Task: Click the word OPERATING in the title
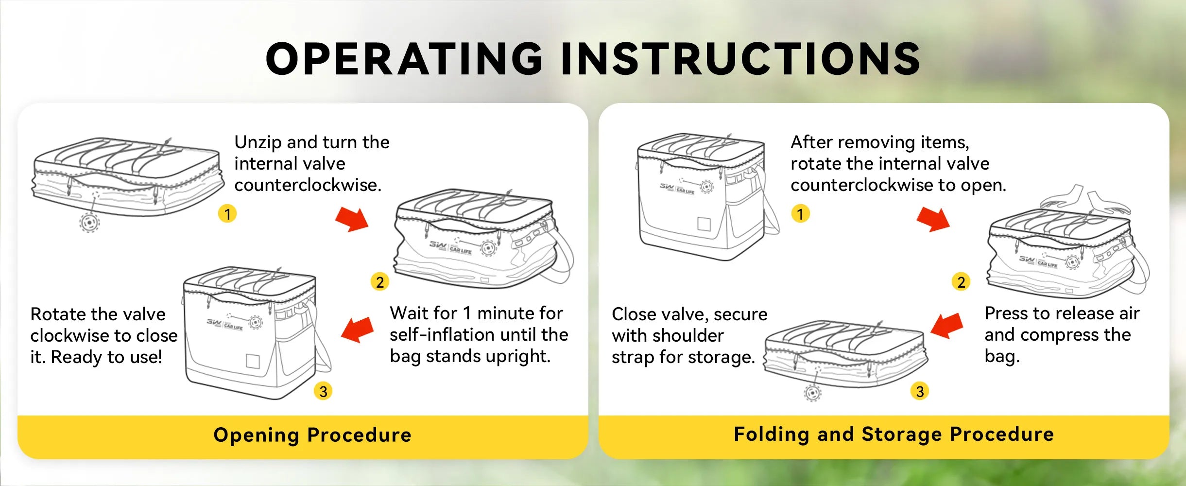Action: point(404,58)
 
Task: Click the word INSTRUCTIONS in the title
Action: point(740,58)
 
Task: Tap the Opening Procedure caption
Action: point(312,435)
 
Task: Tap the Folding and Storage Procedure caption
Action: point(894,434)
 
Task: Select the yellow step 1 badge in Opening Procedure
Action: point(227,213)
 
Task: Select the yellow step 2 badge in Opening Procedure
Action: point(380,282)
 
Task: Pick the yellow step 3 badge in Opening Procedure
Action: point(323,391)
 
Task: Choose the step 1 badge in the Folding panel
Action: point(800,213)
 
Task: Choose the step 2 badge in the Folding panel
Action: point(961,282)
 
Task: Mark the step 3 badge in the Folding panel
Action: point(919,391)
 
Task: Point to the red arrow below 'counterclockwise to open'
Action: point(933,219)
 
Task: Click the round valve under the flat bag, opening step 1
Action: point(89,223)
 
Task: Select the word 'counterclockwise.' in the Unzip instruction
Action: point(308,185)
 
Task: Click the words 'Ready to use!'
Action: point(106,357)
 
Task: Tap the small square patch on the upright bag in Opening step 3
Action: point(253,361)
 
